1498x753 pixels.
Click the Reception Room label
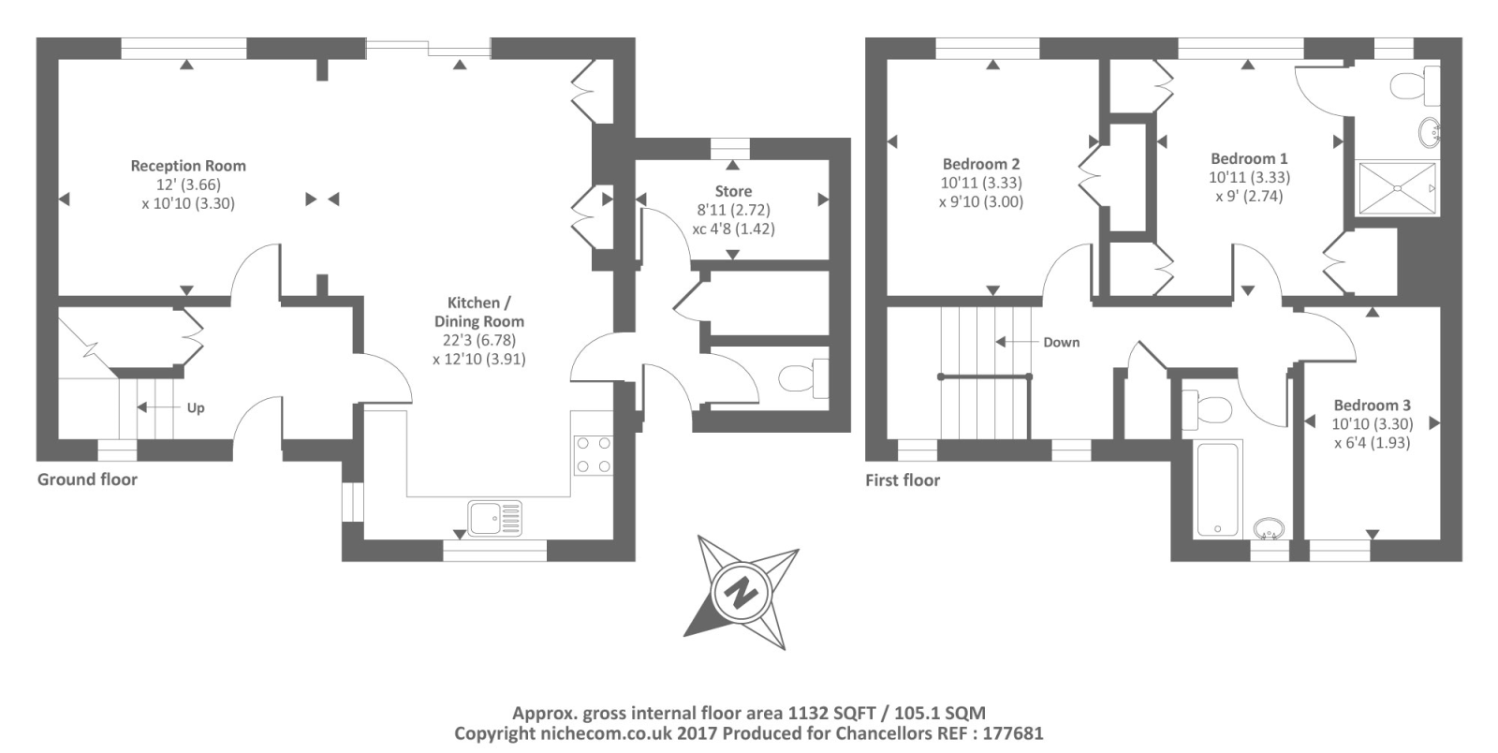tap(188, 165)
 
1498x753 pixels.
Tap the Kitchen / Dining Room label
tap(478, 312)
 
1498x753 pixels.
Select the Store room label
tap(733, 191)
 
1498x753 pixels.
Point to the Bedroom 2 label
tap(981, 164)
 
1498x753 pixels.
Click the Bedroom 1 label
tap(1249, 158)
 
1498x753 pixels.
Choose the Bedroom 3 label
tap(1373, 405)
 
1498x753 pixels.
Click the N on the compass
tap(741, 592)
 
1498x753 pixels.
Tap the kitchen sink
tap(495, 518)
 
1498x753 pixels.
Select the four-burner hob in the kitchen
tap(594, 454)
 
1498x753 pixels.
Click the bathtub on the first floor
tap(1218, 490)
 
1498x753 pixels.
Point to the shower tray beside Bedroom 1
tap(1397, 188)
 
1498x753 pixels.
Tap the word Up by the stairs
tap(196, 408)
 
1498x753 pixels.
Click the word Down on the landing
tap(1062, 343)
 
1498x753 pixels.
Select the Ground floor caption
tap(87, 480)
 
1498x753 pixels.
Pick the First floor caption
tap(903, 480)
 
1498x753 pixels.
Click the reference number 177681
tap(1011, 733)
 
